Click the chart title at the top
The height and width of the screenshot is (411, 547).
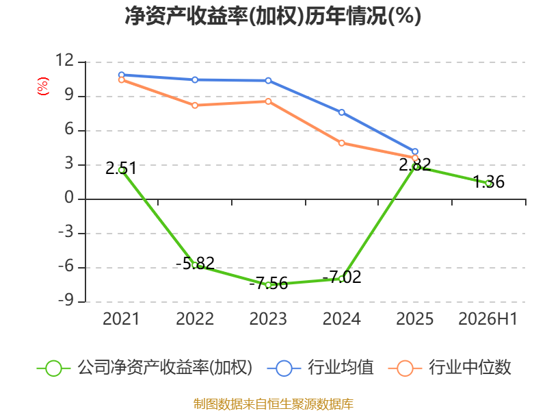[x=273, y=16]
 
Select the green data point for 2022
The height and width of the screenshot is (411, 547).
[x=195, y=265]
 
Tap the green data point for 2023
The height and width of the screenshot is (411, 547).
[x=268, y=285]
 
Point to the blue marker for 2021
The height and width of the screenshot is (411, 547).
[x=122, y=75]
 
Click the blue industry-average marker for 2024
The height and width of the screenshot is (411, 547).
[x=341, y=112]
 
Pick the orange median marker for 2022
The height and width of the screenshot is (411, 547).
[x=195, y=105]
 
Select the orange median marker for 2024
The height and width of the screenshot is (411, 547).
[x=341, y=143]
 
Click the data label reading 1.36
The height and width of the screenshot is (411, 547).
[x=489, y=182]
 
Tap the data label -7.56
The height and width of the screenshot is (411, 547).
[x=269, y=283]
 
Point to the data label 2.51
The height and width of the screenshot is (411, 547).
[x=121, y=168]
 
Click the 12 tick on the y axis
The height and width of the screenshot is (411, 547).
[x=65, y=60]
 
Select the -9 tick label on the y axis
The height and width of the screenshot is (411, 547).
[x=66, y=300]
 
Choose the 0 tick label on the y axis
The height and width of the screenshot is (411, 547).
[x=69, y=197]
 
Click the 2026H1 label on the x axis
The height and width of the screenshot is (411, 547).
[x=488, y=319]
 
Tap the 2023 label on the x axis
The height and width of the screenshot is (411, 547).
[x=268, y=319]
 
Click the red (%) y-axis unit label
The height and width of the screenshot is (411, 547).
[x=43, y=86]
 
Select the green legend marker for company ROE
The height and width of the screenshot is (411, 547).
[x=53, y=369]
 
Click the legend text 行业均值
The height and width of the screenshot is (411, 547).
[x=341, y=367]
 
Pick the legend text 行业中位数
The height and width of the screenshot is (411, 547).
[x=470, y=367]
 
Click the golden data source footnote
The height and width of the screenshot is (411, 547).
[x=273, y=404]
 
